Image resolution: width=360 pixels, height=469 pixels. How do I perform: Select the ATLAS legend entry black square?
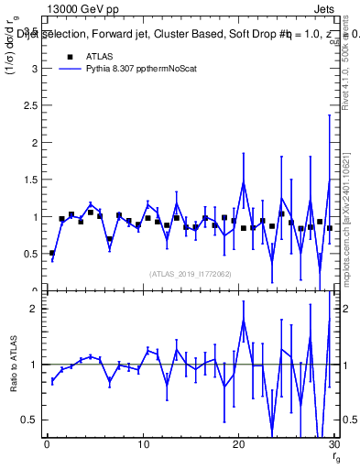[70, 56]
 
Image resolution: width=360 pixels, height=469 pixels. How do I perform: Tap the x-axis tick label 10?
[142, 445]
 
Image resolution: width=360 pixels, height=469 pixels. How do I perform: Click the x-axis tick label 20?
[238, 445]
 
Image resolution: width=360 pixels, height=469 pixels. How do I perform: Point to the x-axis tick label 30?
[333, 445]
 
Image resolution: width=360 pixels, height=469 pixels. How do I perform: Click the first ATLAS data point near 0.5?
[52, 253]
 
